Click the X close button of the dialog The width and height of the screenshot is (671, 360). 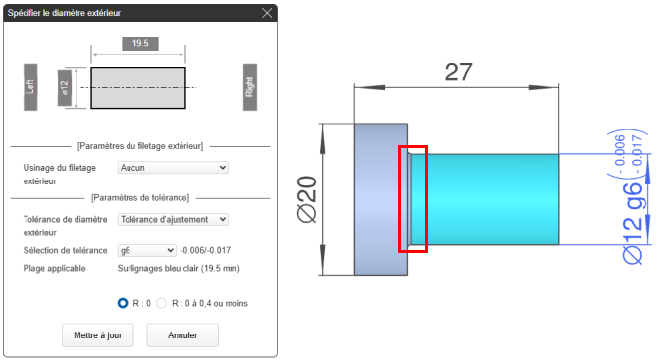(x=267, y=13)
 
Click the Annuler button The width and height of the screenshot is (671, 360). (x=182, y=335)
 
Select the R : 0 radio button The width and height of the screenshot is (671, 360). (x=123, y=303)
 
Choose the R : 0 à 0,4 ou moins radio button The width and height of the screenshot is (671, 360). (x=161, y=303)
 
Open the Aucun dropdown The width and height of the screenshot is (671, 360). (x=173, y=168)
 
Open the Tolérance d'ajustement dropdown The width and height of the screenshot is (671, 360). (x=173, y=219)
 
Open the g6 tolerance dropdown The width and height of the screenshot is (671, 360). (x=146, y=250)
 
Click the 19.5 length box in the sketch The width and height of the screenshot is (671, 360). (x=140, y=44)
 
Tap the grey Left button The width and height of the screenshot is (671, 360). (x=30, y=87)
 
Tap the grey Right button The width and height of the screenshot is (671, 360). (x=250, y=87)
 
